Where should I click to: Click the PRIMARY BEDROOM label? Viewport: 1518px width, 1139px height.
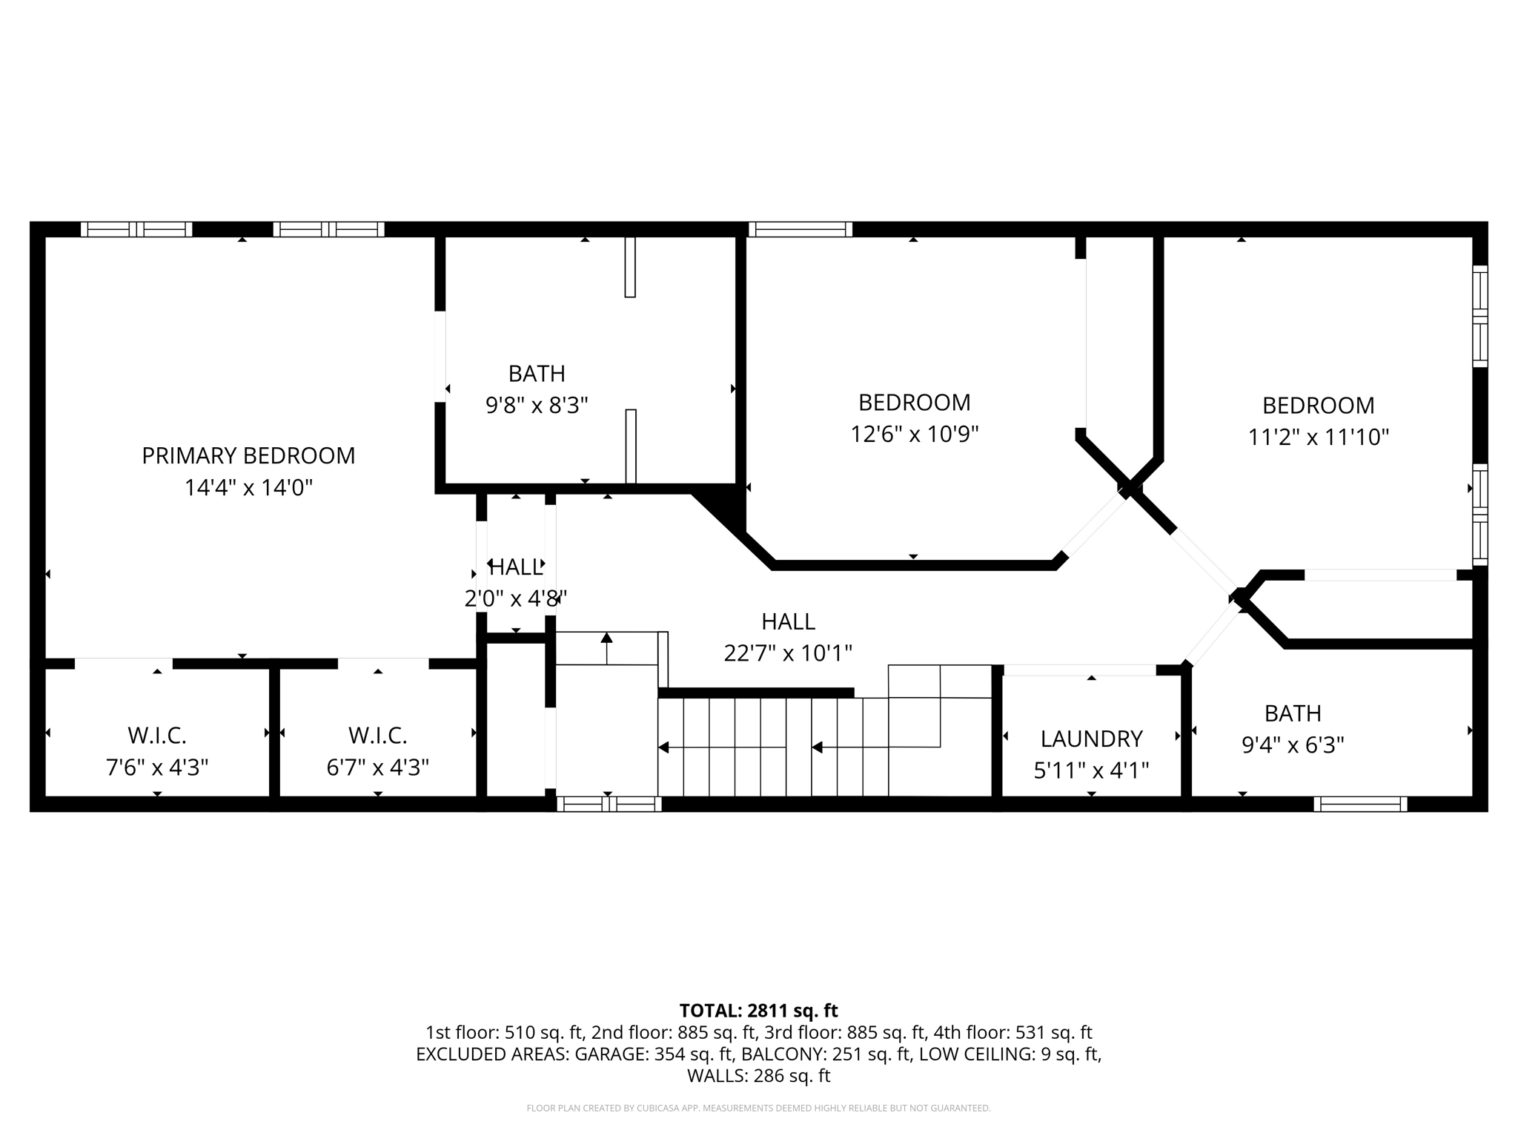pyautogui.click(x=248, y=455)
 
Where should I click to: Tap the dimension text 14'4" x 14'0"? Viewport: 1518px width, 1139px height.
pyautogui.click(x=248, y=488)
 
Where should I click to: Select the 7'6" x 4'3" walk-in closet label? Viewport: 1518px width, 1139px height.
pyautogui.click(x=157, y=767)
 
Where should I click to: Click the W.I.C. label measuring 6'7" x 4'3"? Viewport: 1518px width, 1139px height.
pyautogui.click(x=378, y=736)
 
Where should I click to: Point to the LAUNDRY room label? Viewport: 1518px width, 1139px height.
pyautogui.click(x=1091, y=739)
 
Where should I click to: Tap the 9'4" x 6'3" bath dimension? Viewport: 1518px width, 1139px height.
pyautogui.click(x=1293, y=745)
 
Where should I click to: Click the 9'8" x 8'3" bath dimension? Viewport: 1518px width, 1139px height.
pyautogui.click(x=537, y=406)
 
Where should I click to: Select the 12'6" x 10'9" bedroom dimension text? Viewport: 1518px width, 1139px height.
pyautogui.click(x=914, y=434)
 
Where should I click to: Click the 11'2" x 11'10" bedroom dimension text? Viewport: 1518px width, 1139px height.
pyautogui.click(x=1318, y=437)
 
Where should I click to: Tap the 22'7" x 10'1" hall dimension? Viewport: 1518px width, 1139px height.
pyautogui.click(x=788, y=653)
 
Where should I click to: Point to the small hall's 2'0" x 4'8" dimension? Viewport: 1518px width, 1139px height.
pyautogui.click(x=516, y=598)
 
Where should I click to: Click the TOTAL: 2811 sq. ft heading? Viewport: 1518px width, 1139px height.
pyautogui.click(x=758, y=1011)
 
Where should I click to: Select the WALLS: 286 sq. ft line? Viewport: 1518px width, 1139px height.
pyautogui.click(x=758, y=1076)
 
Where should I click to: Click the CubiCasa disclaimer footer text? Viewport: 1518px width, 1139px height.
pyautogui.click(x=758, y=1109)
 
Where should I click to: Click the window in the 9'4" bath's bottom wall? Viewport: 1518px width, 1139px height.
pyautogui.click(x=1360, y=804)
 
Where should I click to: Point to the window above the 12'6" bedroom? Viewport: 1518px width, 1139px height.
pyautogui.click(x=801, y=229)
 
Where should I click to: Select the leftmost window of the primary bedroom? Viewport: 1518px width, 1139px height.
pyautogui.click(x=136, y=229)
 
